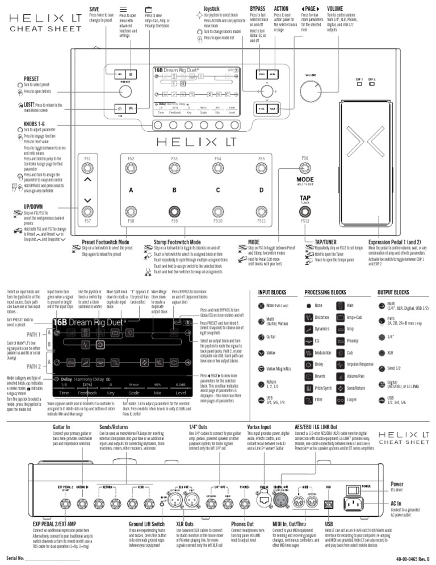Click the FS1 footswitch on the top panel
tap(87, 168)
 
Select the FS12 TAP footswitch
tap(304, 213)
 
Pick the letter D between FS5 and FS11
tap(261, 190)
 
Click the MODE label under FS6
tap(305, 180)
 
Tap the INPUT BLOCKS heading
tap(272, 292)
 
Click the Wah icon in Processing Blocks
tap(339, 306)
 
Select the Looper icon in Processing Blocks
tap(339, 401)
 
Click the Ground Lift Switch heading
tap(146, 523)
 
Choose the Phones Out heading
tap(246, 523)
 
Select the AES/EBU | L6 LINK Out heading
tap(316, 426)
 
